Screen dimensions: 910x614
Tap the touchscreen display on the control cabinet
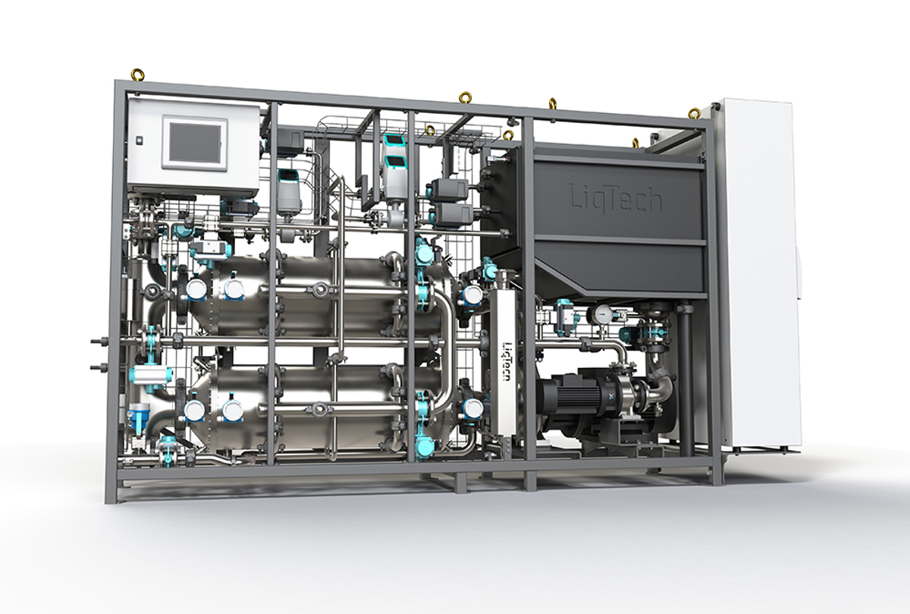tap(196, 142)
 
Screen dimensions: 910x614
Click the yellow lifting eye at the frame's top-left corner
tap(135, 75)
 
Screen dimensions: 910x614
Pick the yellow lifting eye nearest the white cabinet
tap(692, 112)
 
